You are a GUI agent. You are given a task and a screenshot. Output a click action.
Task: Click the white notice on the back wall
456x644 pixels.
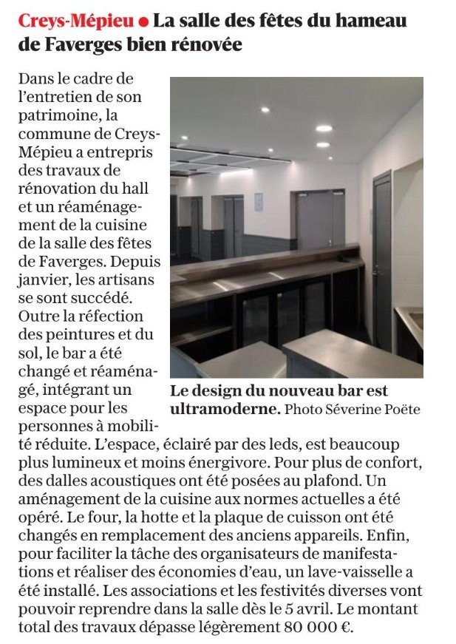(x=258, y=202)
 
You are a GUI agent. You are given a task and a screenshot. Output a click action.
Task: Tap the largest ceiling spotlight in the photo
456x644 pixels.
(x=324, y=128)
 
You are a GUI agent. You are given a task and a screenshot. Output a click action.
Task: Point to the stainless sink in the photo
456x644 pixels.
(x=412, y=320)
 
